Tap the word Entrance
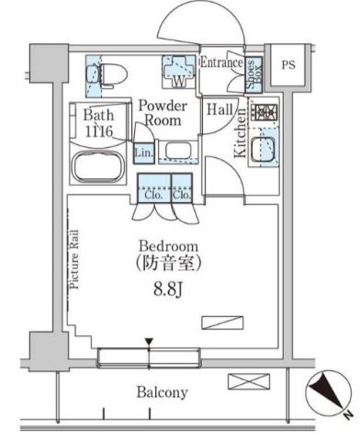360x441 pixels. (220, 62)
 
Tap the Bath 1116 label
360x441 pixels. (98, 125)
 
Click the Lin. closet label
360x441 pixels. (143, 152)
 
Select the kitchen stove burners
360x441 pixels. (266, 114)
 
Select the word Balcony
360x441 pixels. (163, 392)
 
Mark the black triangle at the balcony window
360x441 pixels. (149, 344)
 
